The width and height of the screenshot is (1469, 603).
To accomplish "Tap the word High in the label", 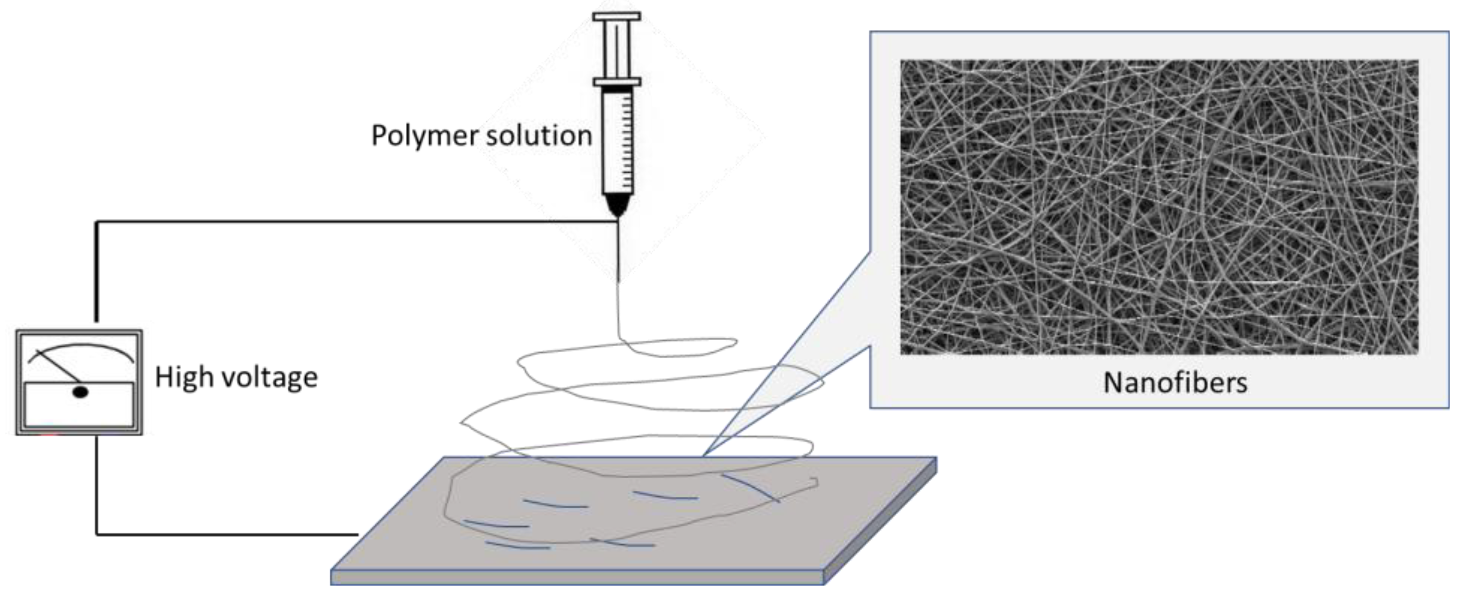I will tap(182, 378).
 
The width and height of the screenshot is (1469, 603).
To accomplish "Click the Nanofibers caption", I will tap(1175, 382).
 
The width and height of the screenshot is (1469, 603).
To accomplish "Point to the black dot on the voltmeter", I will tap(80, 392).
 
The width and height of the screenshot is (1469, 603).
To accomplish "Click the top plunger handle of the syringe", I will tap(616, 16).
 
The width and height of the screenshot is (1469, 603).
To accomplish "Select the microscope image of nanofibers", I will tap(1159, 206).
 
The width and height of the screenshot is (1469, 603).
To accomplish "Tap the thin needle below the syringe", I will tap(619, 251).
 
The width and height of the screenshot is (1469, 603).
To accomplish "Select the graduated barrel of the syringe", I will tap(618, 143).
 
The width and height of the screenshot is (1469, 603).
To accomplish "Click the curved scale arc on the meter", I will tap(80, 346).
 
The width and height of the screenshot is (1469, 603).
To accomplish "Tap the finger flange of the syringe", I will tap(617, 82).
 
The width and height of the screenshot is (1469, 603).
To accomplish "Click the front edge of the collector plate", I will tap(576, 578).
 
